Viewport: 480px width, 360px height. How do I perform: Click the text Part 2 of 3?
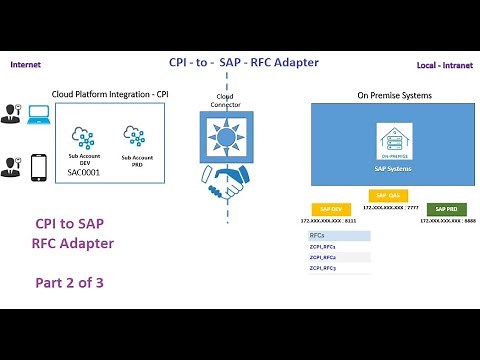coord(70,283)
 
